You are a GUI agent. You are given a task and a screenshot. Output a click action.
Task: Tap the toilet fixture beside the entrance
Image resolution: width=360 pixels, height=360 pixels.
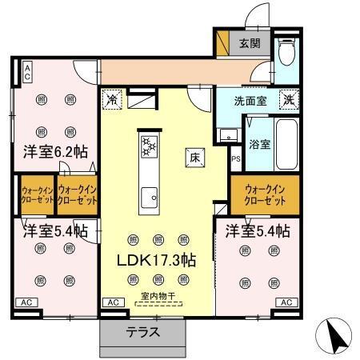point(287,54)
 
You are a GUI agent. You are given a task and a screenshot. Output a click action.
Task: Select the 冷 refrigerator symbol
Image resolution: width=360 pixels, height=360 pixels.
point(112,101)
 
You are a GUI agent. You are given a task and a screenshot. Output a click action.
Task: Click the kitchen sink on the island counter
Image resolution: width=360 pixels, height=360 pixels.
point(149,194)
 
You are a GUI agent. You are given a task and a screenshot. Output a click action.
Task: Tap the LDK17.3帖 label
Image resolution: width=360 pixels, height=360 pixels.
point(157,261)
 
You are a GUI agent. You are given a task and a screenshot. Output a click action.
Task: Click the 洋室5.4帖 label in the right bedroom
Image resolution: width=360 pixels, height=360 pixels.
point(257,231)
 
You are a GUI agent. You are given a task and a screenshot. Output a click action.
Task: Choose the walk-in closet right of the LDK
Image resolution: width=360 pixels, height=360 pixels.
point(263,193)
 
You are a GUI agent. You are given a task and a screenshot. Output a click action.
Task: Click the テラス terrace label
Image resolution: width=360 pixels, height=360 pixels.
point(143,332)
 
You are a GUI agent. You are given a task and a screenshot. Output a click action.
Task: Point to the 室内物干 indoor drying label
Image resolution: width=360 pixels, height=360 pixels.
point(157,297)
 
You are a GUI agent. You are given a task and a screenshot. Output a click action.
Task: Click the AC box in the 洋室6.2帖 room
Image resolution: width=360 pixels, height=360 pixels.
point(26,73)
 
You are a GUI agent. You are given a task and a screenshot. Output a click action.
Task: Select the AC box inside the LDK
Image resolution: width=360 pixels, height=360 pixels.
point(113,302)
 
